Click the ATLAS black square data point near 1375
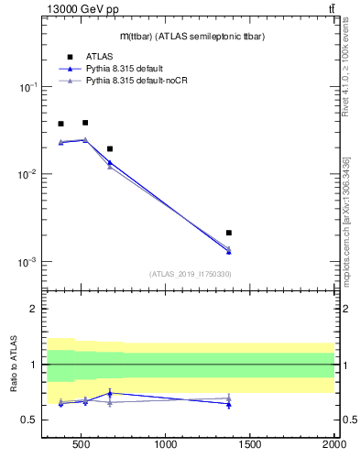pyautogui.click(x=229, y=233)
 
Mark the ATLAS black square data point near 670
pyautogui.click(x=110, y=148)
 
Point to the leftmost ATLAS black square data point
pyautogui.click(x=60, y=124)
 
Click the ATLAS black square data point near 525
pyautogui.click(x=85, y=122)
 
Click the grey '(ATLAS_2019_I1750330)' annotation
pyautogui.click(x=190, y=274)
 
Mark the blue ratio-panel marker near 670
pyautogui.click(x=110, y=393)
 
